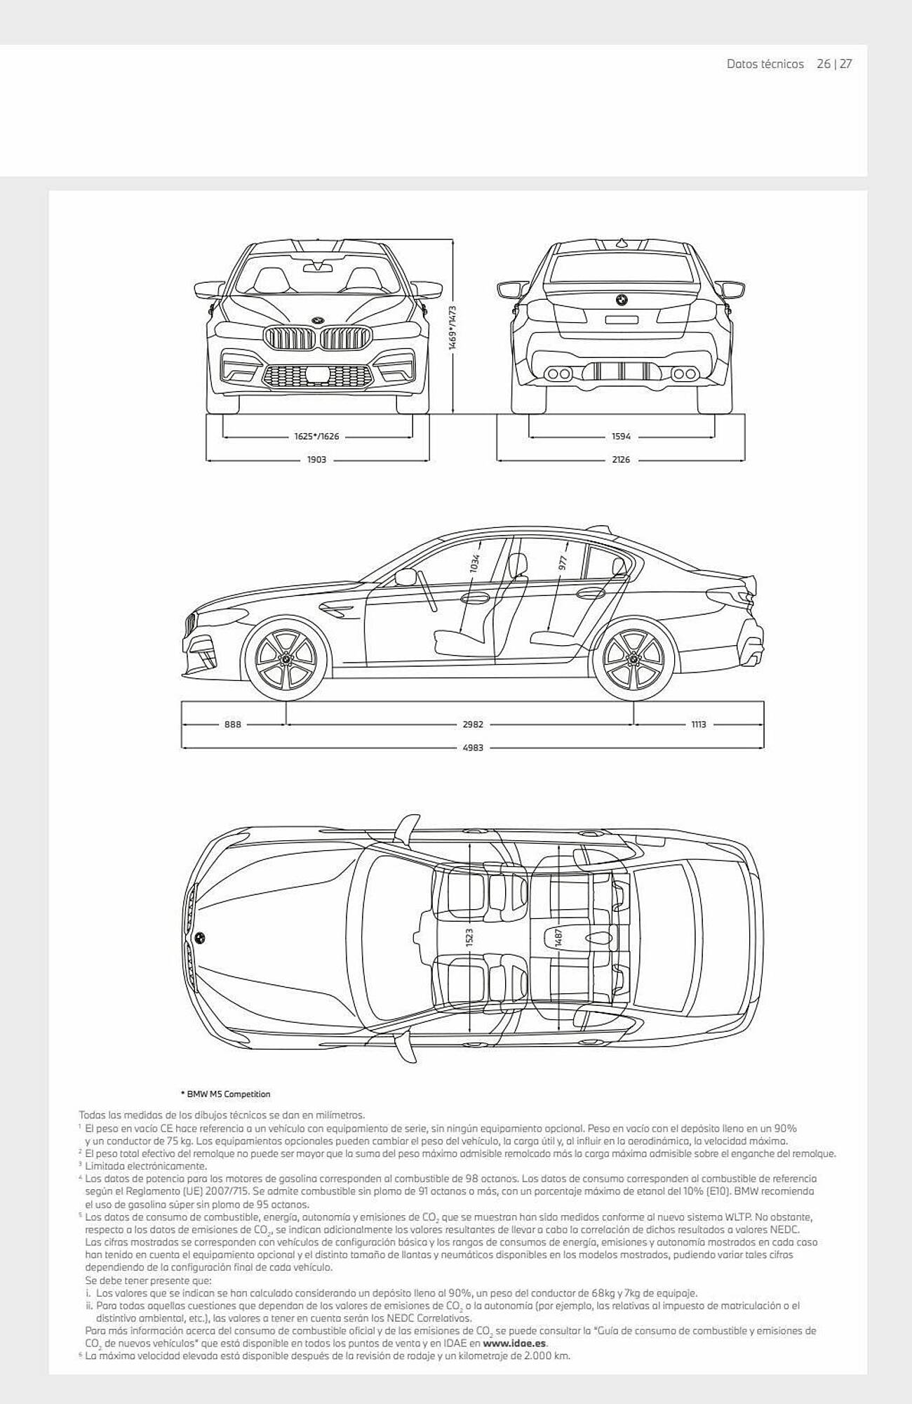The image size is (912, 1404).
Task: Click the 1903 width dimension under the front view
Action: (x=317, y=460)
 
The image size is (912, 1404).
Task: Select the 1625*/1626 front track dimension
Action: (x=316, y=436)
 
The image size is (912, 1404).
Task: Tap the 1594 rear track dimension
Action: (x=621, y=436)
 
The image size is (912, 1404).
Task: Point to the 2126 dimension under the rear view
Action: (x=621, y=460)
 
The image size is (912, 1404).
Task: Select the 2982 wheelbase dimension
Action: (x=473, y=724)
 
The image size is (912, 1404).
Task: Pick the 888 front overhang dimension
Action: (x=232, y=724)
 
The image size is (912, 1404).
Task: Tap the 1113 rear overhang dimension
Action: (x=698, y=724)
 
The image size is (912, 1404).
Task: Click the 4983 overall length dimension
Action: (x=473, y=748)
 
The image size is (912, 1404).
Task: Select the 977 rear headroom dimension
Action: (x=563, y=562)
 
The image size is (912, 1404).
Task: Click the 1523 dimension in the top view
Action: (x=469, y=937)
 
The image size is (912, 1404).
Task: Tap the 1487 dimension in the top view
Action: (x=559, y=937)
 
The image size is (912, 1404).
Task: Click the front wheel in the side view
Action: (x=286, y=660)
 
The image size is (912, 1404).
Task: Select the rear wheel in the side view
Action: (x=633, y=660)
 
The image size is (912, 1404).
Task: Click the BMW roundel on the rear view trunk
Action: (x=621, y=299)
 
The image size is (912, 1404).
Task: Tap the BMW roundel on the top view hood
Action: (x=200, y=937)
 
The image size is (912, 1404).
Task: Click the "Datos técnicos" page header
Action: (x=765, y=64)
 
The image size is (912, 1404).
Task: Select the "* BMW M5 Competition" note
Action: (x=225, y=1094)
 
